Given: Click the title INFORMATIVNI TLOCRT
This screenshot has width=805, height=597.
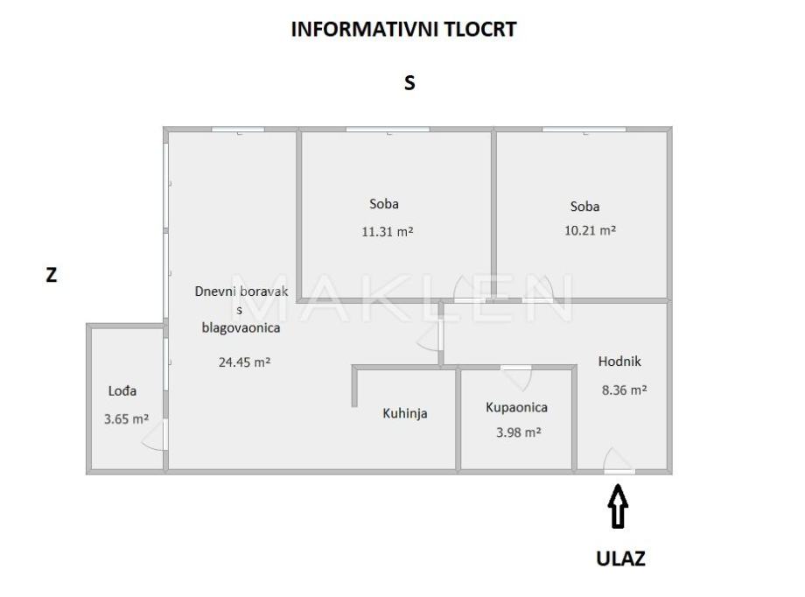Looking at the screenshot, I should (403, 29).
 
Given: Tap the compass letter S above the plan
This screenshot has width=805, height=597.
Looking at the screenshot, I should (409, 83).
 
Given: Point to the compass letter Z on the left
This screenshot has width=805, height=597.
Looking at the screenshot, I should (52, 275).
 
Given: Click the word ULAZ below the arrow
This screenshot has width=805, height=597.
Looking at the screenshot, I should (621, 558).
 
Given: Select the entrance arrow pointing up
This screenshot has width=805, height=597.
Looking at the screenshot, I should (619, 508).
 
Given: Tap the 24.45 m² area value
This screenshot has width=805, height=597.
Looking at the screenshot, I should (244, 361).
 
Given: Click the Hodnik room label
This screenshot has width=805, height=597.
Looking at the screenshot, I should (620, 361).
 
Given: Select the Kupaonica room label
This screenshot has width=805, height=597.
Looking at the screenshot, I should (517, 407).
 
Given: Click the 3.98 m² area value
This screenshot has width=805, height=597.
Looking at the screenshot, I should (517, 432).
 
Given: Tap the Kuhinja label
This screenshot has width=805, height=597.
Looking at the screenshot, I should (405, 413).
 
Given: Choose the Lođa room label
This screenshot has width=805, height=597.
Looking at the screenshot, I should (122, 391).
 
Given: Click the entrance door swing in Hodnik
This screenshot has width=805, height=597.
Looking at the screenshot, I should (618, 460).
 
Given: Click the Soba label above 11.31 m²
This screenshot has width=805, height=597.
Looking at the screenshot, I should (384, 204).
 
